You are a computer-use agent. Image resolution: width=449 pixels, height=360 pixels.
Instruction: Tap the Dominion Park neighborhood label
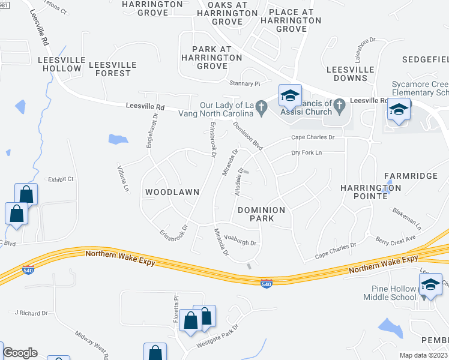click(x=264, y=214)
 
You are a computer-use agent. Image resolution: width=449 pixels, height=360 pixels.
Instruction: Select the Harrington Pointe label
click(x=370, y=192)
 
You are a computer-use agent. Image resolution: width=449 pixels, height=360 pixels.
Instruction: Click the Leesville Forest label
click(x=113, y=69)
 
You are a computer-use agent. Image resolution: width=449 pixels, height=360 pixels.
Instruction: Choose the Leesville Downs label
click(x=347, y=74)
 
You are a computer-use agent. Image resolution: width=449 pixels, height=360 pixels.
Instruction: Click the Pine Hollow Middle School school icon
click(x=430, y=285)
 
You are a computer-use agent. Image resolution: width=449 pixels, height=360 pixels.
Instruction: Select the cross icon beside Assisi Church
click(x=339, y=107)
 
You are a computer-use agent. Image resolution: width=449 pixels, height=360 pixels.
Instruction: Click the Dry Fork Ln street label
click(x=306, y=153)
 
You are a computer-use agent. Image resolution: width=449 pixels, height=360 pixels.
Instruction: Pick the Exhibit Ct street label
click(x=61, y=179)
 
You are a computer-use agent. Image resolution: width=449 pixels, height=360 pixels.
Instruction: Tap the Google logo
click(x=20, y=353)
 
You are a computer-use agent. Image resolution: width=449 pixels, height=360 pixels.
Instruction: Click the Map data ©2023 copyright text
click(x=423, y=355)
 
